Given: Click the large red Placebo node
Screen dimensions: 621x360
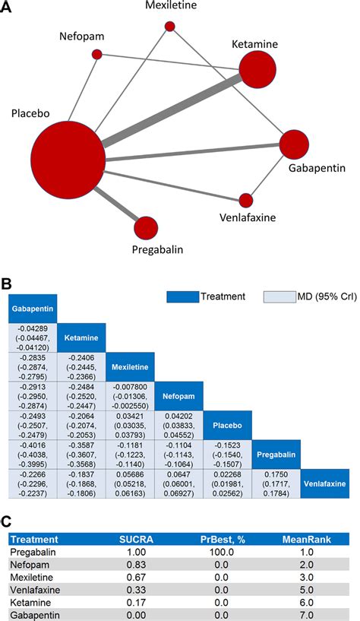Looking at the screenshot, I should (x=68, y=158).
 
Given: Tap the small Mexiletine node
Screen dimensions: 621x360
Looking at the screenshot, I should (x=170, y=27).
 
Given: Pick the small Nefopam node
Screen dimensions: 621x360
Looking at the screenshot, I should (x=97, y=55).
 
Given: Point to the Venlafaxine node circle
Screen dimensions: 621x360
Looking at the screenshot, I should (x=245, y=201).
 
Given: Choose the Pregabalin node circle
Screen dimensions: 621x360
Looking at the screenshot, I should (x=146, y=227).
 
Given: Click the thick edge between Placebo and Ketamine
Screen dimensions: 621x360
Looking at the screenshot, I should (x=175, y=111).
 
